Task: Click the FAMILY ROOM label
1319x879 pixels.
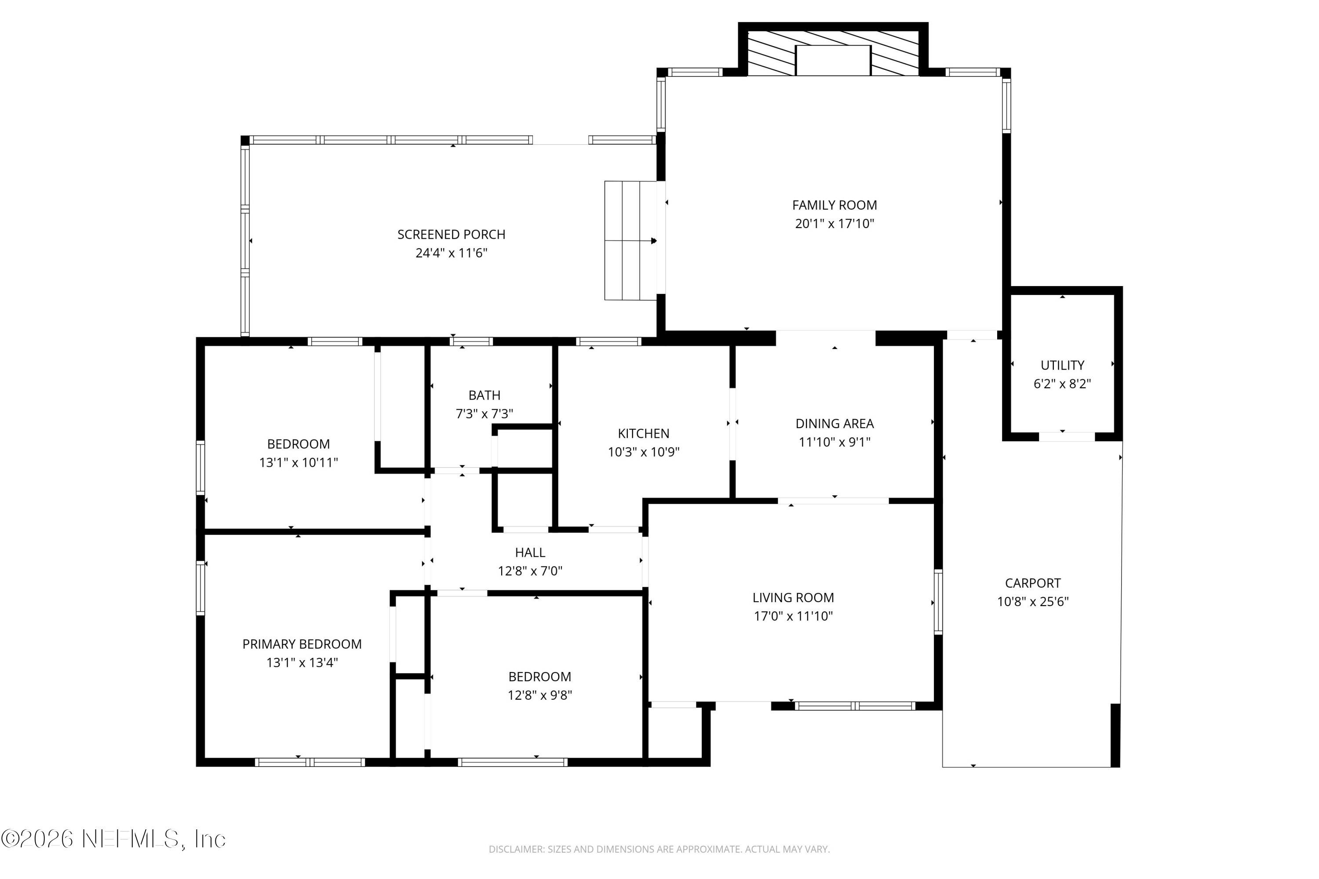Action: point(834,205)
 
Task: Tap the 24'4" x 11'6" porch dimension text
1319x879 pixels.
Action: point(451,253)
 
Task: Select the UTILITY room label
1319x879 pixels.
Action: point(1062,366)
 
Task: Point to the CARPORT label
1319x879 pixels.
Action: point(1032,583)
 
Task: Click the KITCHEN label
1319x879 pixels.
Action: point(643,433)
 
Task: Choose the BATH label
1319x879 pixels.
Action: point(484,395)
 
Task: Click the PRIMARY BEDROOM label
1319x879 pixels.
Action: point(302,644)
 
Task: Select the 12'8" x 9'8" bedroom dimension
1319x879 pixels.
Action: point(539,695)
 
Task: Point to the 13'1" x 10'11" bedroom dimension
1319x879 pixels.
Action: point(299,462)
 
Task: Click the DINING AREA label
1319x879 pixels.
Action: point(834,424)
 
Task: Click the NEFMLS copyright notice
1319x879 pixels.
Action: point(113,839)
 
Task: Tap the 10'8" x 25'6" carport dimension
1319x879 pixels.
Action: point(1032,602)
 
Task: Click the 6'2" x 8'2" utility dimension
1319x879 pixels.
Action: point(1062,384)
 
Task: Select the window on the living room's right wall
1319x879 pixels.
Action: point(938,602)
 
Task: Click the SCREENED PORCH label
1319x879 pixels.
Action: point(451,234)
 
